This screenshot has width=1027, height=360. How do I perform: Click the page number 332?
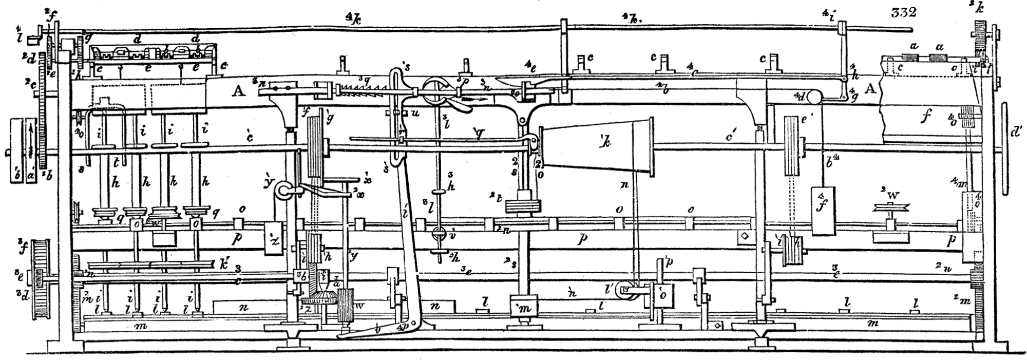tap(903, 12)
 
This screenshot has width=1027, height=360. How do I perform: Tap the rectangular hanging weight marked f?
tap(823, 211)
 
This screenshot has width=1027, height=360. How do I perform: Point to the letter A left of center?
tap(237, 92)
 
